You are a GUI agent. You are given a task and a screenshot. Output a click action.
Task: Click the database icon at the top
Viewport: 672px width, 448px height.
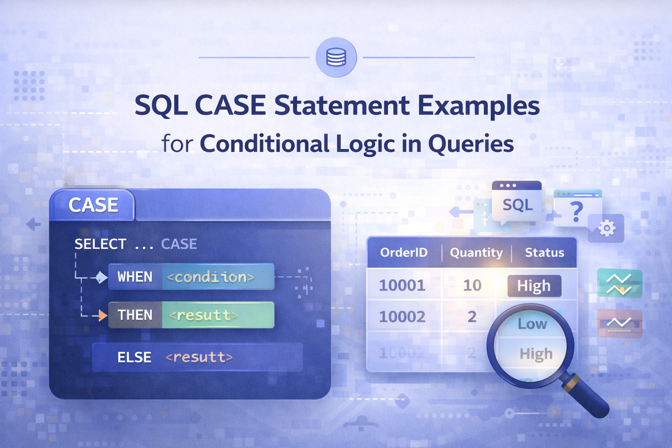pyautogui.click(x=336, y=57)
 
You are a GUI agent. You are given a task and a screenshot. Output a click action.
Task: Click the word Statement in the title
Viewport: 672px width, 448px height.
pyautogui.click(x=342, y=106)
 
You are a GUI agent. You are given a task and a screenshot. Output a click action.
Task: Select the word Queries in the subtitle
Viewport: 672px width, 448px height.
pyautogui.click(x=471, y=144)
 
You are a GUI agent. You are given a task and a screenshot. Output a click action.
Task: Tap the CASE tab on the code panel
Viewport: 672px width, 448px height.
pyautogui.click(x=93, y=205)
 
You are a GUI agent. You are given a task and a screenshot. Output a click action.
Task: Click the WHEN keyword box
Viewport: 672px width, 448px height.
pyautogui.click(x=135, y=277)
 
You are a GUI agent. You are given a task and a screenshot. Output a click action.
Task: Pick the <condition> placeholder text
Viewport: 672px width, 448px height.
pyautogui.click(x=211, y=277)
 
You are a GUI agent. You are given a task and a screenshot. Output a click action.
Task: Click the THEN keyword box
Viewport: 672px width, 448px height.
pyautogui.click(x=135, y=315)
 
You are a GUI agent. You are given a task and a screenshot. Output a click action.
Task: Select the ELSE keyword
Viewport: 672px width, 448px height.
pyautogui.click(x=134, y=357)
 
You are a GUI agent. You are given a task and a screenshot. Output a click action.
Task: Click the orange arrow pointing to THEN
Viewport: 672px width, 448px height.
pyautogui.click(x=102, y=315)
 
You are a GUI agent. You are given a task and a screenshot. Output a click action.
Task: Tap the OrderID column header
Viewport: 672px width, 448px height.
pyautogui.click(x=403, y=252)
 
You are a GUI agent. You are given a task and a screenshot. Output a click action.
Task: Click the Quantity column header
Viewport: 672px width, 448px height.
pyautogui.click(x=476, y=252)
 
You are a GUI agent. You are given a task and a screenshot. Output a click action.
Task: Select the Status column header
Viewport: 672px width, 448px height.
pyautogui.click(x=544, y=252)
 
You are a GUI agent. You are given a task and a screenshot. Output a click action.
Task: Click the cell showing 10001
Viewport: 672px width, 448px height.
pyautogui.click(x=402, y=285)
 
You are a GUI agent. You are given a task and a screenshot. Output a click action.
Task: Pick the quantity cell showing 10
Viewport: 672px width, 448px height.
pyautogui.click(x=472, y=285)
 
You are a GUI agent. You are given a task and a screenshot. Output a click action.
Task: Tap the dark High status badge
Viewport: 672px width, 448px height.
pyautogui.click(x=534, y=286)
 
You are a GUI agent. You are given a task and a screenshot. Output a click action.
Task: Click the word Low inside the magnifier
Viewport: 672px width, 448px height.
pyautogui.click(x=532, y=324)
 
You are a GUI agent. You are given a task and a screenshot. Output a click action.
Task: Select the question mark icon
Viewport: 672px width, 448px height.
pyautogui.click(x=577, y=211)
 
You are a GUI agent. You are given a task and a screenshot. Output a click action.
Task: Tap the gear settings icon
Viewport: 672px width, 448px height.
pyautogui.click(x=606, y=228)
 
